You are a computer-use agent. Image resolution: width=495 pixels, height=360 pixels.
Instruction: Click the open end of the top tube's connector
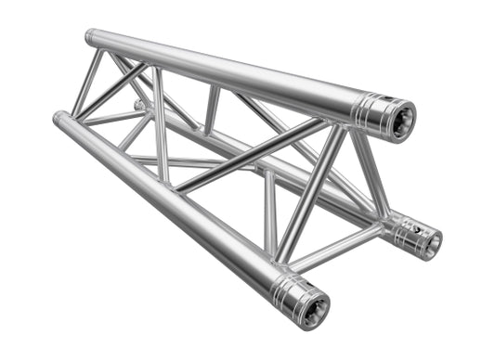[402, 121]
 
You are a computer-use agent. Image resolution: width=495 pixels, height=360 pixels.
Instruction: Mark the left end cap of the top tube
[91, 37]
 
